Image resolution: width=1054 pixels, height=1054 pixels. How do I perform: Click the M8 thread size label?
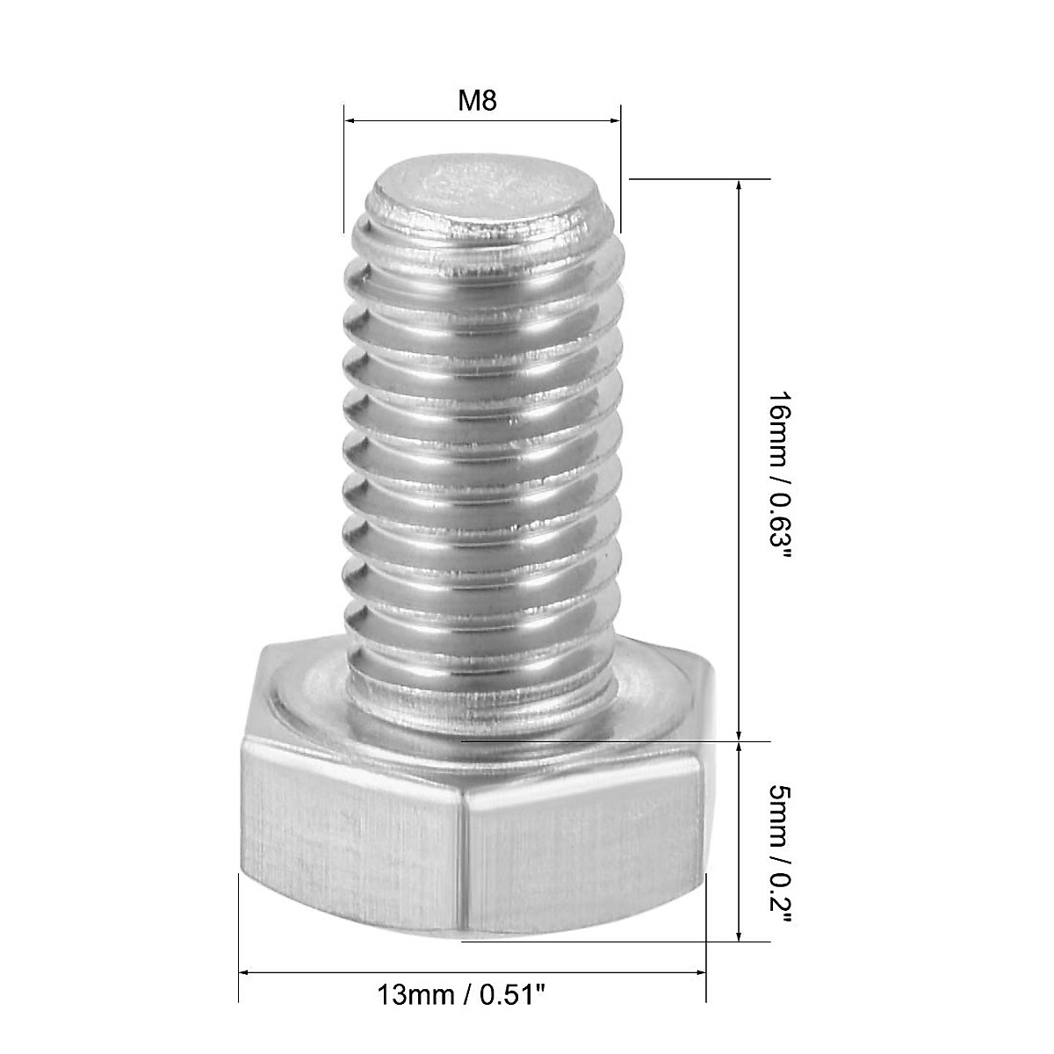point(478,101)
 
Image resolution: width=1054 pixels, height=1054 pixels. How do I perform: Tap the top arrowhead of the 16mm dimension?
point(740,187)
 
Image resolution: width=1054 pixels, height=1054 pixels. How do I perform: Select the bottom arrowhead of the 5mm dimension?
point(740,935)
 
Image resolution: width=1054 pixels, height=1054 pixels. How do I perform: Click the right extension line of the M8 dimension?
point(621,167)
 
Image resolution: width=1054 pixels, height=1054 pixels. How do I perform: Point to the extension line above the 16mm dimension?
point(685,179)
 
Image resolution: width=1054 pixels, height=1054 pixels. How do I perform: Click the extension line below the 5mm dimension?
point(615,942)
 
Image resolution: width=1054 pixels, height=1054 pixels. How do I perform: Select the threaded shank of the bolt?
point(483,457)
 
